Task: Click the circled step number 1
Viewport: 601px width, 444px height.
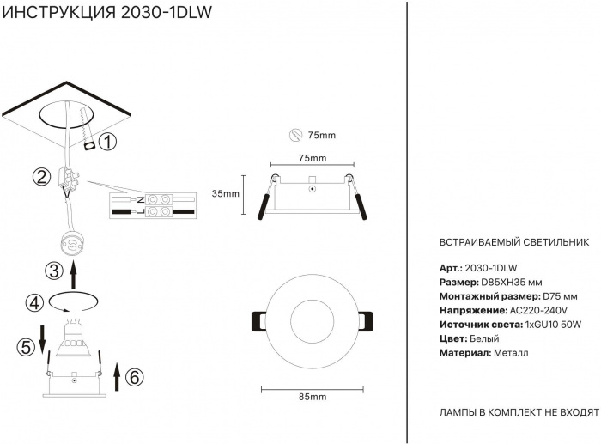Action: (107, 143)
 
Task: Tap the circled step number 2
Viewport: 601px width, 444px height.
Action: (40, 177)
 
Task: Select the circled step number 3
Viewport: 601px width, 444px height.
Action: (53, 272)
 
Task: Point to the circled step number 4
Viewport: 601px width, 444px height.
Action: (34, 303)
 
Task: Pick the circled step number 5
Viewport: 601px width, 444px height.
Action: (26, 347)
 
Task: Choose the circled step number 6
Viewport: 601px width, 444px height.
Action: (134, 375)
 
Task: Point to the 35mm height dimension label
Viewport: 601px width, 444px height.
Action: (225, 193)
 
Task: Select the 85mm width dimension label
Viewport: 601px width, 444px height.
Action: (312, 397)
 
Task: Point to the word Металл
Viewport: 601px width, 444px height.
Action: (512, 352)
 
